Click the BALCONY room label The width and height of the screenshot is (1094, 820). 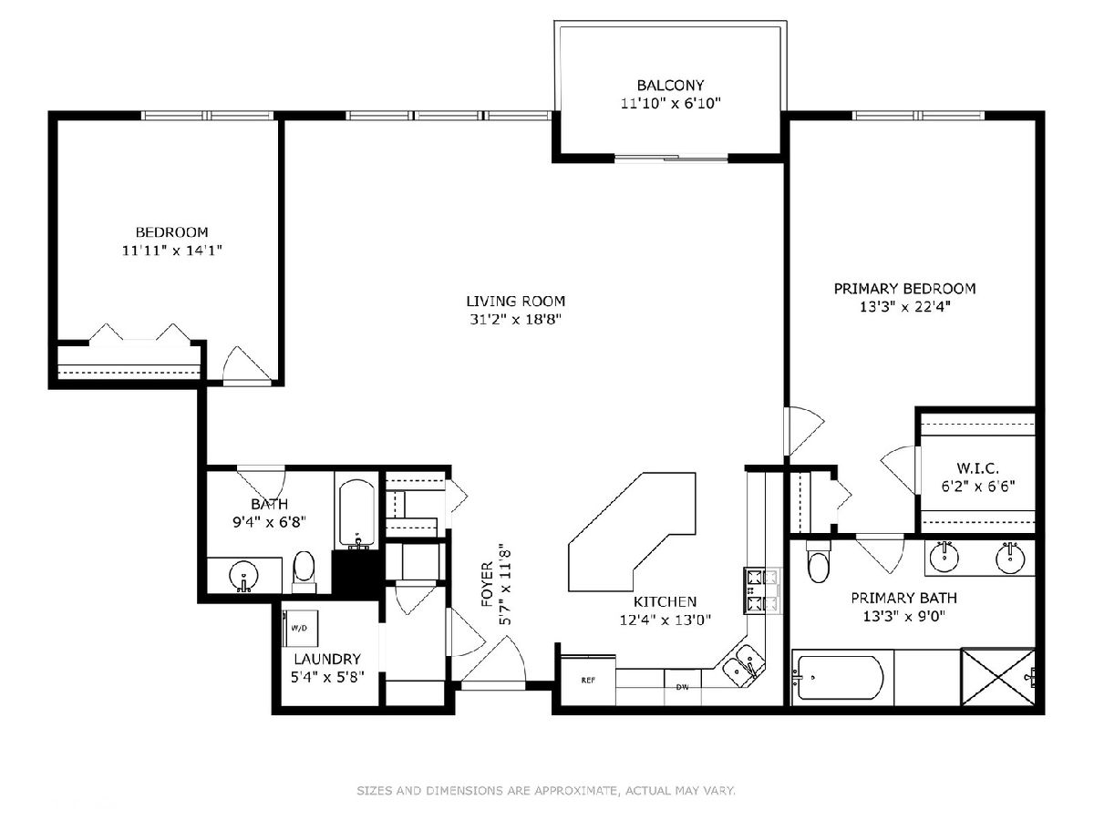click(x=670, y=85)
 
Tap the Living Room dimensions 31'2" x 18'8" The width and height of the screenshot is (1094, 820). click(x=515, y=319)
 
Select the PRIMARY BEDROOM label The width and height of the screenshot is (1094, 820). click(x=904, y=288)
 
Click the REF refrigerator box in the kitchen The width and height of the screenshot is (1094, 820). click(x=588, y=680)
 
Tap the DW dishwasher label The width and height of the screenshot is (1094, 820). click(x=682, y=688)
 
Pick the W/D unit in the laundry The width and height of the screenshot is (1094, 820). click(x=300, y=629)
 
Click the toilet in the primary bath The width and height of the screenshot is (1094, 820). click(x=819, y=561)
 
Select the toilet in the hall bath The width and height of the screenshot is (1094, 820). click(x=304, y=572)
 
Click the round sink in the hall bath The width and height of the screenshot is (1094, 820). click(x=243, y=576)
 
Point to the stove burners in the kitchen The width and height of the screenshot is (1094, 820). click(x=763, y=591)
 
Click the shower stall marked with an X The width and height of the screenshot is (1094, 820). click(x=998, y=677)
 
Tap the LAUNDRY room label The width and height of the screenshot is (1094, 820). click(x=327, y=659)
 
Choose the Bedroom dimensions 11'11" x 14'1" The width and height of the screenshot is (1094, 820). click(x=171, y=250)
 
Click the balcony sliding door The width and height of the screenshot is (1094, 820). click(x=671, y=159)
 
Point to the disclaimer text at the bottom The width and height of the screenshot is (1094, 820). click(x=546, y=790)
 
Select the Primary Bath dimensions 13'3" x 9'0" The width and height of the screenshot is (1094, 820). click(x=904, y=617)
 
